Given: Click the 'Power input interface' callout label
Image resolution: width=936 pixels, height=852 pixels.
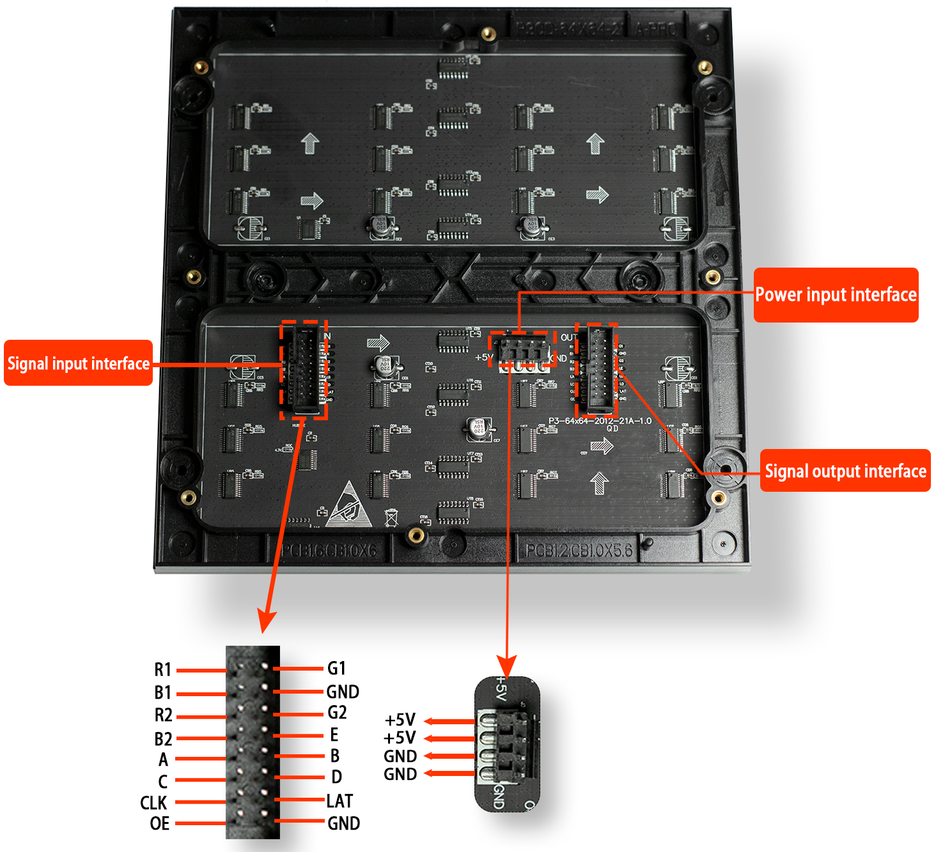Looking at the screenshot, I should pyautogui.click(x=836, y=295).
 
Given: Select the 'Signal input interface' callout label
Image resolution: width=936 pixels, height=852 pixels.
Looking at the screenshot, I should pyautogui.click(x=78, y=363).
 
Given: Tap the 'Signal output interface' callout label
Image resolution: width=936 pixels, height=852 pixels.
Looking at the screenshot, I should pyautogui.click(x=845, y=471).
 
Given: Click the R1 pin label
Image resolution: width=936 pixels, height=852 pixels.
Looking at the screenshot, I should pyautogui.click(x=163, y=669).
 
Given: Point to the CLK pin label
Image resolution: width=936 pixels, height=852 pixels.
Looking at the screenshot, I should pyautogui.click(x=153, y=803).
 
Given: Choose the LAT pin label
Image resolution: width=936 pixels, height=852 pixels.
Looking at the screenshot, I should pyautogui.click(x=339, y=801).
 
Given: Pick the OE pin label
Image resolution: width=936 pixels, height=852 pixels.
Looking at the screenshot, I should pyautogui.click(x=160, y=824).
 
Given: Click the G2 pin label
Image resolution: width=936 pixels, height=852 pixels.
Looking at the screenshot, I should pyautogui.click(x=337, y=713).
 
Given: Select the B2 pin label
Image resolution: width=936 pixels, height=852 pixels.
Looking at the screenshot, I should pyautogui.click(x=163, y=739).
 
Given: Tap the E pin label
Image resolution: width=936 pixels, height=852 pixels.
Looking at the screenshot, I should pyautogui.click(x=334, y=734).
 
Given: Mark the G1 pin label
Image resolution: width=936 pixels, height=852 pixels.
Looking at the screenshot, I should pyautogui.click(x=336, y=669).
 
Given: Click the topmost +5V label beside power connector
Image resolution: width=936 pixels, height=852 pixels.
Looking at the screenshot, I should pyautogui.click(x=400, y=720).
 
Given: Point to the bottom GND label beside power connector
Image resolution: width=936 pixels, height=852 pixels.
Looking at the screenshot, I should pyautogui.click(x=400, y=775).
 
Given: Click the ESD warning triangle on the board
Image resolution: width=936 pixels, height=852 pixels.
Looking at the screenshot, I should pyautogui.click(x=348, y=506).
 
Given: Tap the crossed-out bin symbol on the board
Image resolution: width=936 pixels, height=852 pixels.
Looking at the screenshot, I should pyautogui.click(x=391, y=517).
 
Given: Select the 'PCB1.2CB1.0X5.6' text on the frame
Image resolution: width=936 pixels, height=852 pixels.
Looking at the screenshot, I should pyautogui.click(x=579, y=551).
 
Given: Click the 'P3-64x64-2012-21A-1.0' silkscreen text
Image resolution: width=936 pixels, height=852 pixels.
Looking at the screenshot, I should pyautogui.click(x=600, y=421).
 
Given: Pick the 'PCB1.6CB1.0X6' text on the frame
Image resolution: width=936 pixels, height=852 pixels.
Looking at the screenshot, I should pyautogui.click(x=329, y=551).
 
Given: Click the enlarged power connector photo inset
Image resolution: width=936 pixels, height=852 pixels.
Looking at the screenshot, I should pyautogui.click(x=507, y=745).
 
